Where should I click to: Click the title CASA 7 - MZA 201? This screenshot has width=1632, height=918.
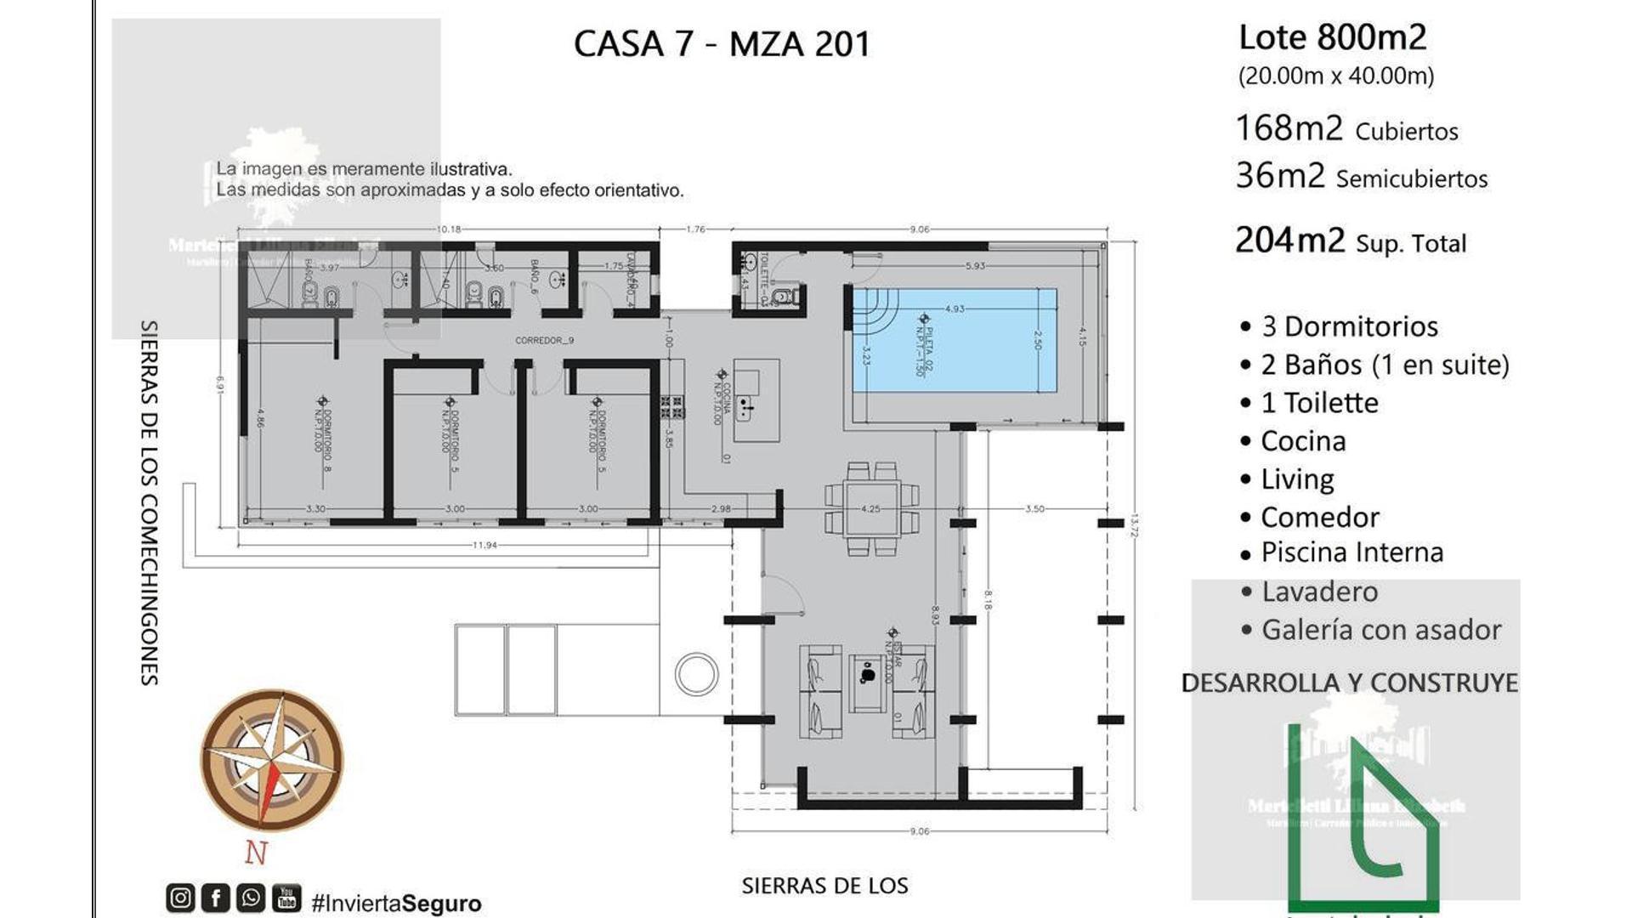pyautogui.click(x=722, y=44)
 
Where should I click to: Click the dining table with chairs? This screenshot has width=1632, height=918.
pyautogui.click(x=871, y=509)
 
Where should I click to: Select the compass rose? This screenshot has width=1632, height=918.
pyautogui.click(x=272, y=760)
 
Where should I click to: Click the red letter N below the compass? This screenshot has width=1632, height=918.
pyautogui.click(x=257, y=852)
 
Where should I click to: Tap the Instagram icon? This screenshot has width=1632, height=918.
pyautogui.click(x=180, y=898)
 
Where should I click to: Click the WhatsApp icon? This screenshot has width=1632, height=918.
pyautogui.click(x=251, y=898)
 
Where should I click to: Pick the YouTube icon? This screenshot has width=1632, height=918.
pyautogui.click(x=286, y=898)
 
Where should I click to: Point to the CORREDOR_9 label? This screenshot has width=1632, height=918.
pyautogui.click(x=544, y=340)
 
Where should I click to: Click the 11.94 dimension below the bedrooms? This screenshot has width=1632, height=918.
pyautogui.click(x=484, y=545)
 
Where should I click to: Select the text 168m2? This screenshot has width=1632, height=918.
pyautogui.click(x=1289, y=128)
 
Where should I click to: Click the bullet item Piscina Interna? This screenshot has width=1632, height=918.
pyautogui.click(x=1351, y=552)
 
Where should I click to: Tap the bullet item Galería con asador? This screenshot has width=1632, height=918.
pyautogui.click(x=1380, y=630)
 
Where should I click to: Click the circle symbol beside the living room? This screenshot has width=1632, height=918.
pyautogui.click(x=696, y=674)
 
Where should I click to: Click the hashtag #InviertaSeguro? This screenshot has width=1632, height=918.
pyautogui.click(x=396, y=903)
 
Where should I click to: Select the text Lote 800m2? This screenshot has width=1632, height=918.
pyautogui.click(x=1332, y=37)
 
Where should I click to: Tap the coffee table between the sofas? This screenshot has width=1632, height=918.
pyautogui.click(x=868, y=683)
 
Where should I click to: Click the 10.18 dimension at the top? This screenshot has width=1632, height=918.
pyautogui.click(x=449, y=229)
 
